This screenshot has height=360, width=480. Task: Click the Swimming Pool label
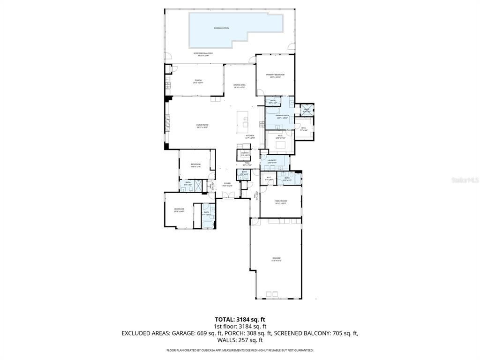(221, 28)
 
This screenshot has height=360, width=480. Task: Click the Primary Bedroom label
(275, 75)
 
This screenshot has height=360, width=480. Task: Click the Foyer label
(227, 184)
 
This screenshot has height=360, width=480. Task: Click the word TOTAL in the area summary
(224, 319)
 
